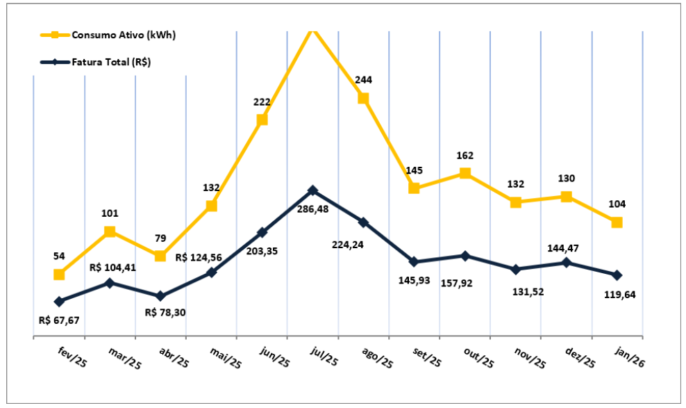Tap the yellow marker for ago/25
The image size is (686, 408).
coord(363,98)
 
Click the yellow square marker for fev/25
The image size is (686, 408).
coord(59,275)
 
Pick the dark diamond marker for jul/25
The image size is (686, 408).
coord(312,190)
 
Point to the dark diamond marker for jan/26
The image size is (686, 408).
coord(617,275)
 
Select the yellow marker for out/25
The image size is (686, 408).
coord(465,173)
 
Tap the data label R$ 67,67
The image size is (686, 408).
coord(59,320)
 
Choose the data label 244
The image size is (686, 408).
coord(363,80)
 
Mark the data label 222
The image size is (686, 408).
coord(262,102)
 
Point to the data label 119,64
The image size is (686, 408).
coord(617,294)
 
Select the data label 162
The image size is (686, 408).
coord(465,156)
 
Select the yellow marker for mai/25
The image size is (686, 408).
coord(211,206)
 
